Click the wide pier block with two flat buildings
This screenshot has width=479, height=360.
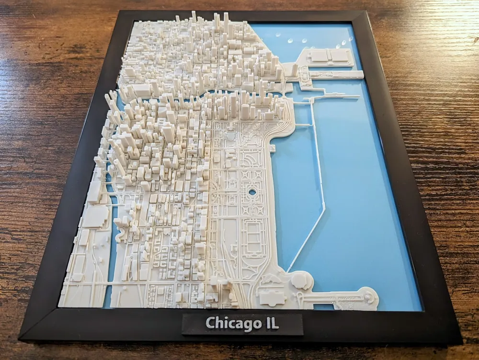pos(331,57)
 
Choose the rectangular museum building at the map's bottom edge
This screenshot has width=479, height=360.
pos(272,297)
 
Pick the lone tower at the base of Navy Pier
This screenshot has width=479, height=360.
pos(293,70)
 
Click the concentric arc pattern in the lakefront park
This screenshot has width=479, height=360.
pos(252,158)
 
